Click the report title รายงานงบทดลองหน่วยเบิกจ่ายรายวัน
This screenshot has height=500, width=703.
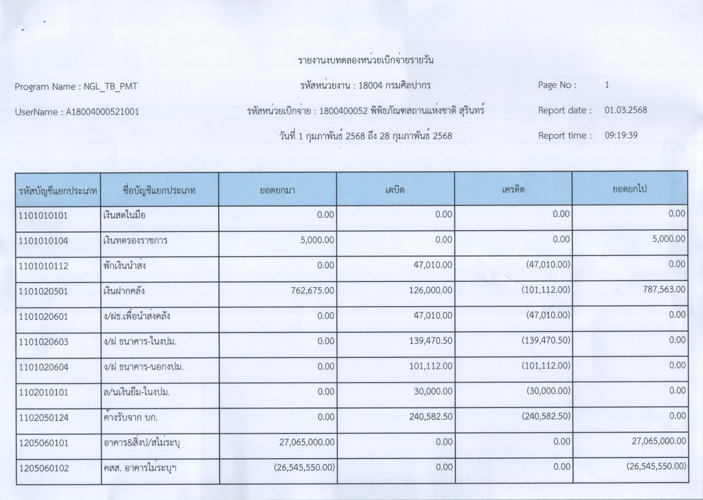(366, 60)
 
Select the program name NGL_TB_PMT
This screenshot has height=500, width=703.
(110, 87)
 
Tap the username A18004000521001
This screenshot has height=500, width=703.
(102, 112)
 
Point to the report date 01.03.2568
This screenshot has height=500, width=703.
(626, 110)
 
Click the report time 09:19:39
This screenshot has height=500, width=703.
(621, 135)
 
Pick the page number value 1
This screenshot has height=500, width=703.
(607, 85)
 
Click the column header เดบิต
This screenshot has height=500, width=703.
(395, 190)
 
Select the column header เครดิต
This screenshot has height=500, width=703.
(513, 190)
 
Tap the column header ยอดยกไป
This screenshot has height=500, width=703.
(629, 189)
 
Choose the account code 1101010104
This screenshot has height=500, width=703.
(44, 241)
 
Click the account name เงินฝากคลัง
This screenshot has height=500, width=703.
(124, 291)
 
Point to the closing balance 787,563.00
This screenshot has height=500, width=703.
(664, 289)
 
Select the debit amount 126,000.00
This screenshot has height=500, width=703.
(430, 290)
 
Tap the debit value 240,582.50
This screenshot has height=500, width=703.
(431, 417)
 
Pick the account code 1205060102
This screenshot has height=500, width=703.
(44, 468)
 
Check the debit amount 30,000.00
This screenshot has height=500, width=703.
(433, 391)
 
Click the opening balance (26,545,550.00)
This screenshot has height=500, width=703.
(304, 467)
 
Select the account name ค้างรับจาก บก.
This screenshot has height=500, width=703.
(131, 418)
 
